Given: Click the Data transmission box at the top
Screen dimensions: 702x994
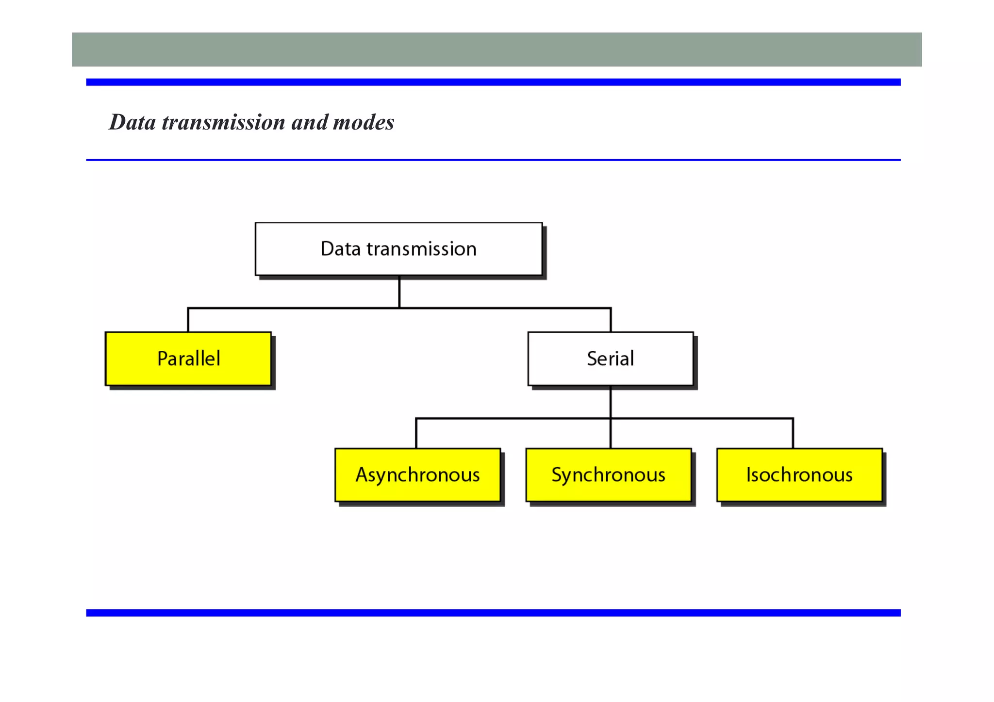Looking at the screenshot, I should (398, 249).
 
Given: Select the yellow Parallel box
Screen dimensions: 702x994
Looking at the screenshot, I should (188, 359).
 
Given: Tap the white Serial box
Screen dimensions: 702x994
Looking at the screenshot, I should (610, 359).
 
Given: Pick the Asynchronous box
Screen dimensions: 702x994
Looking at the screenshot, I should (417, 474).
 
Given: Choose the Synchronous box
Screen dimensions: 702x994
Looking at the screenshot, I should (608, 474).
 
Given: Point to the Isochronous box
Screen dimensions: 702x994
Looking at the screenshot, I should (799, 474).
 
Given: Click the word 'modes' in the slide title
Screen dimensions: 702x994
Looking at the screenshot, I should (364, 122).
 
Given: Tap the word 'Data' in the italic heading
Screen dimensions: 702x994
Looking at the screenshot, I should (133, 122).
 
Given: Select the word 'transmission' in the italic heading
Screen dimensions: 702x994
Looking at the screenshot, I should (223, 122).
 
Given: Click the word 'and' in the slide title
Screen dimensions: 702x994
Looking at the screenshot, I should (309, 122).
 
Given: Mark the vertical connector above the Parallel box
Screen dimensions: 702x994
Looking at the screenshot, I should (188, 320).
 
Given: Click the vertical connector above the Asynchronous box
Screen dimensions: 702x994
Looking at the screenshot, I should (416, 433).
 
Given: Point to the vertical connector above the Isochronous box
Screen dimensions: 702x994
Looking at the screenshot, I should (793, 433).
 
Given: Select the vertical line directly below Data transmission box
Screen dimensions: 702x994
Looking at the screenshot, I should (399, 292).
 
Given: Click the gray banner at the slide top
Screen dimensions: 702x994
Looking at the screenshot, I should (497, 49).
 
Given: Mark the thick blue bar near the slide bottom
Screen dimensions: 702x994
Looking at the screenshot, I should (493, 613).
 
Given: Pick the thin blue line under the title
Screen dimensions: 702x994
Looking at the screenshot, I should (493, 160).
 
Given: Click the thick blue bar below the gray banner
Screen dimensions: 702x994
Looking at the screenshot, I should (493, 82).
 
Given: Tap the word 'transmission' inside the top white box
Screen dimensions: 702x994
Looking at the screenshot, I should (421, 249).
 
